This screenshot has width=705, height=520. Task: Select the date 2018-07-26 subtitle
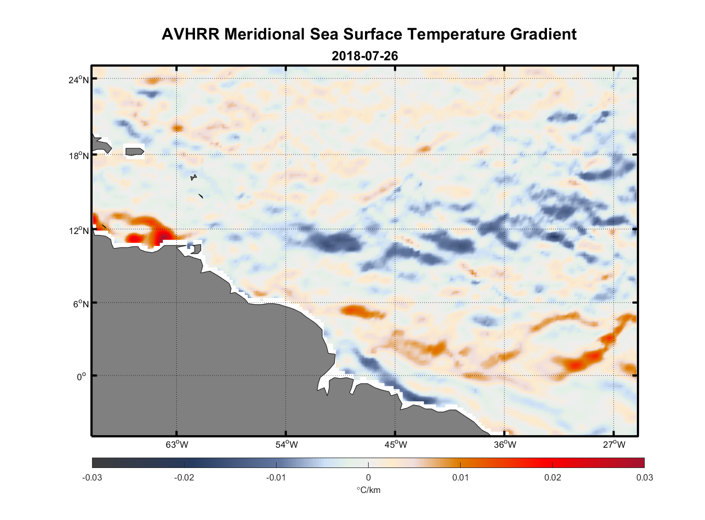(x=364, y=56)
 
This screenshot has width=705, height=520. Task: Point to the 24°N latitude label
(x=79, y=80)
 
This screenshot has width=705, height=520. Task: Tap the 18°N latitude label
(x=79, y=155)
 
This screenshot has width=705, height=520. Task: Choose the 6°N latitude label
(x=81, y=304)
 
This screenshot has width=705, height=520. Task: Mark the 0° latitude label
(x=82, y=376)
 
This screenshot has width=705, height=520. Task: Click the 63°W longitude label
(x=177, y=445)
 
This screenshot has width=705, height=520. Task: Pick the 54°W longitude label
(x=286, y=445)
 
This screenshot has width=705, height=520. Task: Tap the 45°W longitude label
(x=396, y=445)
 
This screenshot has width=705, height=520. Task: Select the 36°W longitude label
(x=505, y=445)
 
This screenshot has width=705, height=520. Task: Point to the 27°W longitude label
(x=614, y=445)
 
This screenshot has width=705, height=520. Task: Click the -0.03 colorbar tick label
(x=92, y=477)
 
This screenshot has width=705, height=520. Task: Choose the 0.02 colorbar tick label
(x=552, y=477)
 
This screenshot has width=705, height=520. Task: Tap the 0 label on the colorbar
(x=368, y=477)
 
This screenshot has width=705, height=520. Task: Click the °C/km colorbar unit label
(x=368, y=490)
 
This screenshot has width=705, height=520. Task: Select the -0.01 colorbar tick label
(x=276, y=477)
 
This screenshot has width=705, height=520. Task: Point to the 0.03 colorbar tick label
(x=644, y=477)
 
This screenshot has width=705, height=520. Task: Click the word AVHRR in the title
(x=190, y=34)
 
